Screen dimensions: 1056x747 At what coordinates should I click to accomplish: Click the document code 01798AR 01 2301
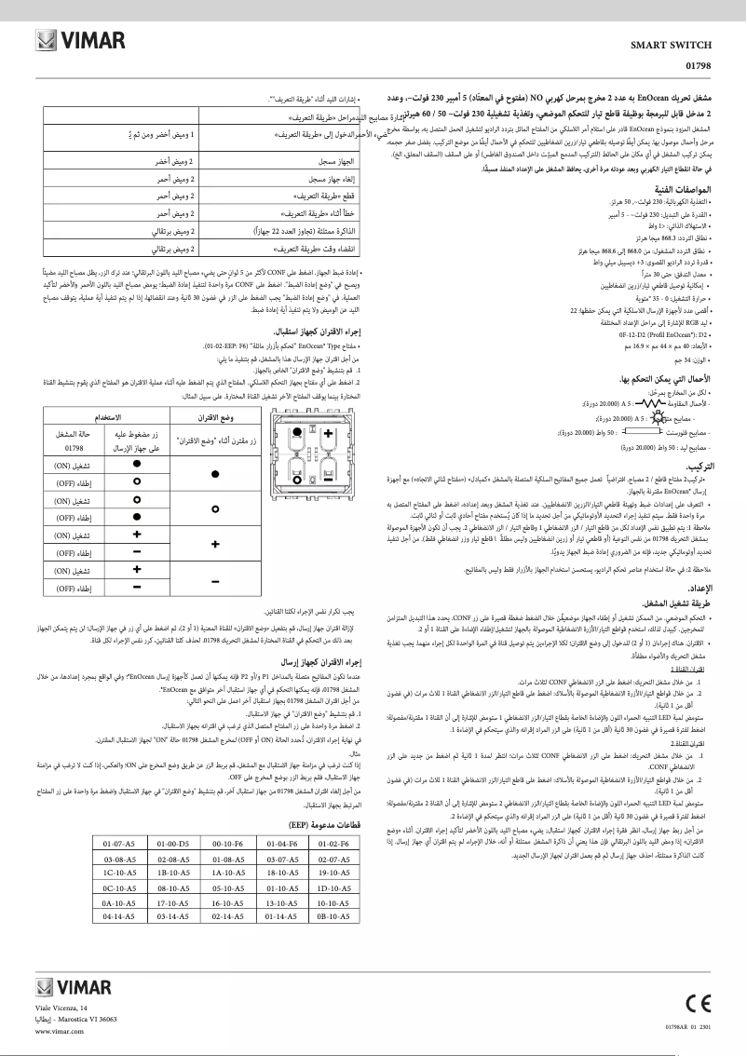click(690, 1025)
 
